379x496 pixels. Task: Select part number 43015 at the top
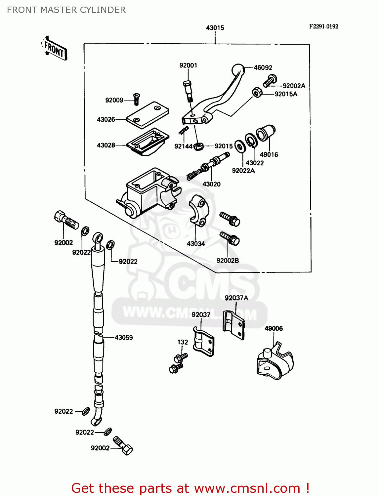[215, 28]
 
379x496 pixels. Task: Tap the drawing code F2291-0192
[323, 26]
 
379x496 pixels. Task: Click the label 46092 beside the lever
[263, 67]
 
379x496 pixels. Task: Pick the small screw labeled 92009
[136, 99]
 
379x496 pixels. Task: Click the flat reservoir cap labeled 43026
[147, 114]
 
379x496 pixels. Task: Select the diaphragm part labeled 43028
[148, 142]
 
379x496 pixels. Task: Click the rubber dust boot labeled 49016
[266, 133]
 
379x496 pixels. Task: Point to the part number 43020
[211, 184]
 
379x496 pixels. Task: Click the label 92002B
[228, 261]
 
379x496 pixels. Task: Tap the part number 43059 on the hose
[124, 338]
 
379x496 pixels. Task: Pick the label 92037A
[236, 298]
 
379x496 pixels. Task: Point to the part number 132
[183, 342]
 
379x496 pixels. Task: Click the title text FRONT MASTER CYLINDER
[66, 10]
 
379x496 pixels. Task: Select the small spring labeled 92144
[184, 131]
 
